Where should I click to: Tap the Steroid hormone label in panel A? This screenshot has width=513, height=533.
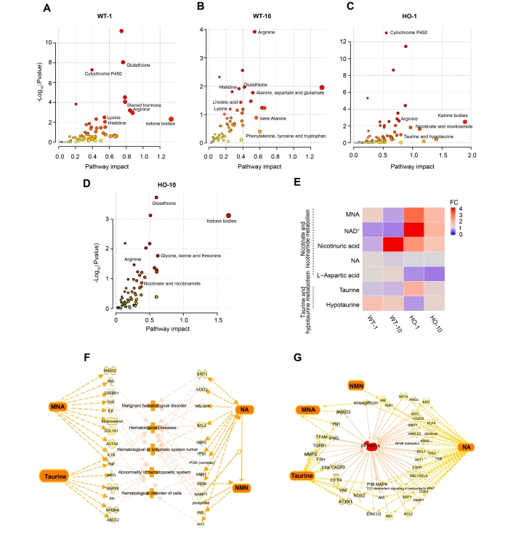coord(144,105)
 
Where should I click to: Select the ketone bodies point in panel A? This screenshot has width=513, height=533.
coord(171,119)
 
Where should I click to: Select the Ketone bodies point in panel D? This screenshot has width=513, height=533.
coord(228,216)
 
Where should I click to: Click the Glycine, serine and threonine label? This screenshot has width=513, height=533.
coord(190,256)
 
